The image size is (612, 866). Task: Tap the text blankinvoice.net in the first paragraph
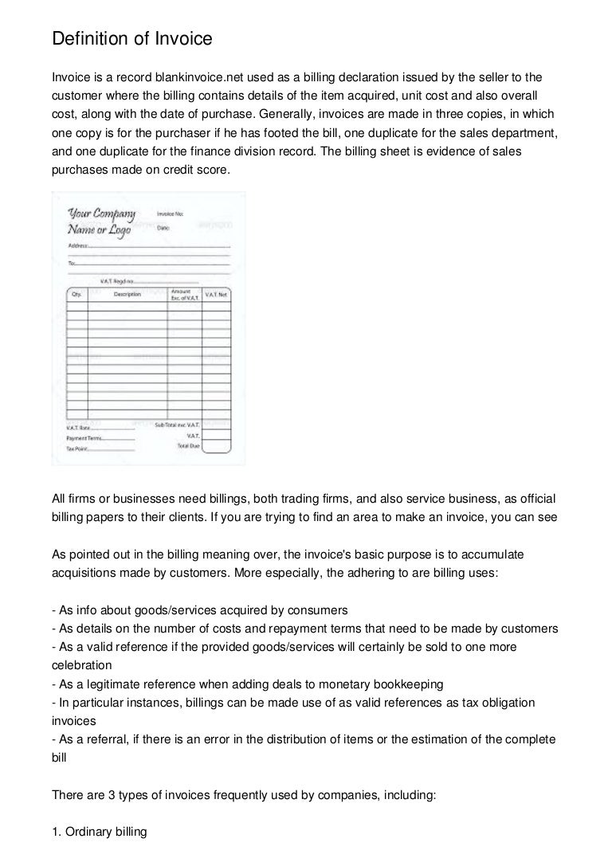[196, 77]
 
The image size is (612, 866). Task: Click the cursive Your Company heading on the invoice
[102, 214]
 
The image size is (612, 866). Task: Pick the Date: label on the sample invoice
[164, 227]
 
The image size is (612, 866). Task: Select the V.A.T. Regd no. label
[116, 280]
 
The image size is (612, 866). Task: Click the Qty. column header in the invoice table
[76, 295]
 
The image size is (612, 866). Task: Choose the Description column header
[127, 295]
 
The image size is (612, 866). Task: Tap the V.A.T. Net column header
[216, 295]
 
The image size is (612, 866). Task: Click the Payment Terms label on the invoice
[83, 437]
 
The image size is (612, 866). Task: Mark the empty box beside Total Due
[216, 447]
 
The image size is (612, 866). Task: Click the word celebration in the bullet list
[81, 664]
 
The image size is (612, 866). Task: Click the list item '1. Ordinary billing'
[100, 832]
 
